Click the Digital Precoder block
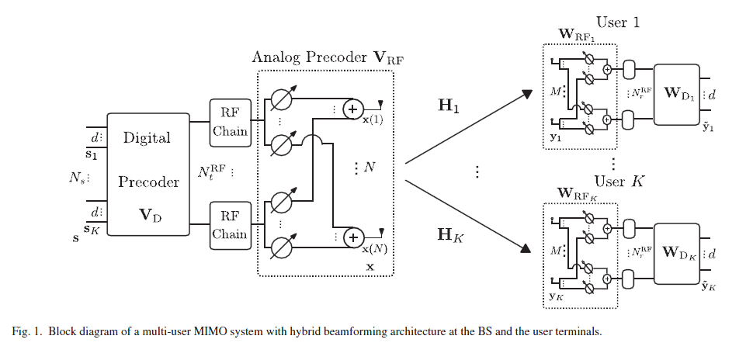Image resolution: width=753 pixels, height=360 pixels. point(148,175)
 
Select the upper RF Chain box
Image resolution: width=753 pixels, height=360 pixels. point(230,123)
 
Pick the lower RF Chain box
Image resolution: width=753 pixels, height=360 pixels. point(230,226)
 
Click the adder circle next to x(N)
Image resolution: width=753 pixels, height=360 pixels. point(353,237)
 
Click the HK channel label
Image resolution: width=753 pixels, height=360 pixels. point(450,234)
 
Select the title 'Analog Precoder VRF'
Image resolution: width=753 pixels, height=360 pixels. point(328,57)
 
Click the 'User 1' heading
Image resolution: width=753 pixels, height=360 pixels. point(618,22)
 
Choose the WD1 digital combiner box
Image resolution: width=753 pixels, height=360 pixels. point(677,95)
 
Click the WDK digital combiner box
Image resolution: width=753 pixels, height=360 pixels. point(677,253)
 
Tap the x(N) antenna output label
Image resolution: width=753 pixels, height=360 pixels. point(375,249)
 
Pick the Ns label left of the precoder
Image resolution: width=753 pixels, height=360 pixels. point(76,178)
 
